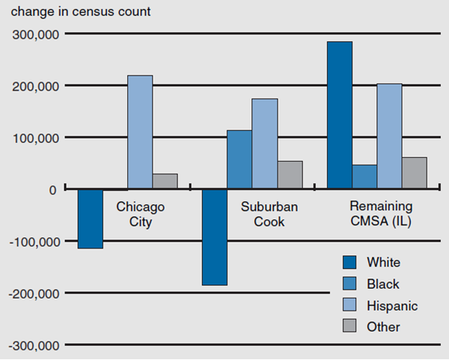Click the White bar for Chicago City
pyautogui.click(x=91, y=219)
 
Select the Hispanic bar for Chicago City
pyautogui.click(x=140, y=132)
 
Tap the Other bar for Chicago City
pyautogui.click(x=165, y=181)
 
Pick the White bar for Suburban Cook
pyautogui.click(x=215, y=237)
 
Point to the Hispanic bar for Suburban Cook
pyautogui.click(x=265, y=144)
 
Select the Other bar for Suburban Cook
pyautogui.click(x=290, y=174)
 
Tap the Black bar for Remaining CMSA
pyautogui.click(x=364, y=177)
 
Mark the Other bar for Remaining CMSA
pyautogui.click(x=414, y=173)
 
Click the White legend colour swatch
pyautogui.click(x=350, y=262)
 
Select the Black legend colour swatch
pyautogui.click(x=350, y=284)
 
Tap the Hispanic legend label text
pyautogui.click(x=392, y=305)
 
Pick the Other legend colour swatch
pyautogui.click(x=350, y=326)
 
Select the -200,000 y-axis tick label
pyautogui.click(x=33, y=293)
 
